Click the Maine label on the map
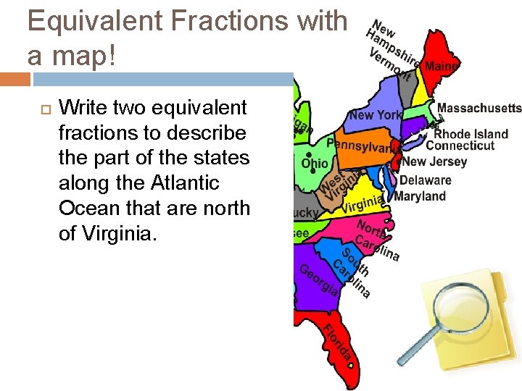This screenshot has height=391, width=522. tap(442, 66)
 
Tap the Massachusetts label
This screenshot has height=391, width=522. tap(478, 108)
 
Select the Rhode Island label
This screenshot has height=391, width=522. tap(471, 134)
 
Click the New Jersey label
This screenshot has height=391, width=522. tap(435, 161)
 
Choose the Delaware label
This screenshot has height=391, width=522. tap(425, 180)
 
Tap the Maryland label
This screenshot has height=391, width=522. tap(420, 196)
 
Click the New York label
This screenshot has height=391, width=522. tap(375, 115)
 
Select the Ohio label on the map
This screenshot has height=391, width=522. tap(315, 164)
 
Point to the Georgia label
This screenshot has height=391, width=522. tap(318, 280)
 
